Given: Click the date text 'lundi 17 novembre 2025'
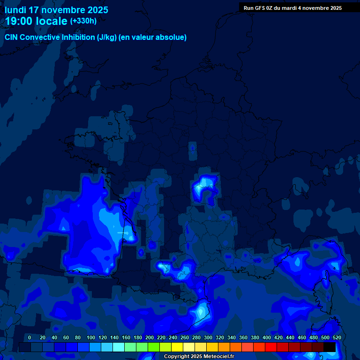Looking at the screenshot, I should pyautogui.click(x=57, y=10).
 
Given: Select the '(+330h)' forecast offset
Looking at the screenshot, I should pyautogui.click(x=83, y=21).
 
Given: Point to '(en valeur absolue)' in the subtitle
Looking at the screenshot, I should pyautogui.click(x=153, y=37).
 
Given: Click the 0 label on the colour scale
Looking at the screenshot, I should pyautogui.click(x=30, y=337).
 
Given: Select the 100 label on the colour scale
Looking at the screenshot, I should pyautogui.click(x=90, y=337).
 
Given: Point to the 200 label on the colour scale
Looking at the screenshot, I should pyautogui.click(x=150, y=337).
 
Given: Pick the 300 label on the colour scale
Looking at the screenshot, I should pyautogui.click(x=208, y=337).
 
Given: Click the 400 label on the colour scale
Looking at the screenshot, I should pyautogui.click(x=267, y=337).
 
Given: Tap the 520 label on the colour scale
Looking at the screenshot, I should pyautogui.click(x=337, y=337).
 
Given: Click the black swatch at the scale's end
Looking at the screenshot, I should pyautogui.click(x=330, y=347).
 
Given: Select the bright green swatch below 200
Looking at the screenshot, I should pyautogui.click(x=154, y=347).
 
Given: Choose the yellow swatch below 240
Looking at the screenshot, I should pyautogui.click(x=177, y=347).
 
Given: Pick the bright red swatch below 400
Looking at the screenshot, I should pyautogui.click(x=271, y=347).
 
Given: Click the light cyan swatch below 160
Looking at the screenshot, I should pyautogui.click(x=130, y=347).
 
